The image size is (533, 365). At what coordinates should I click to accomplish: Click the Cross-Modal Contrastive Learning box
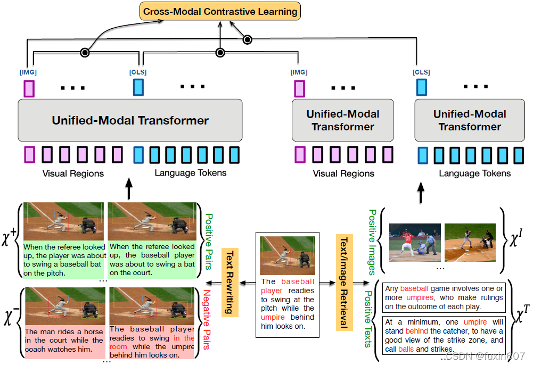(x=220, y=11)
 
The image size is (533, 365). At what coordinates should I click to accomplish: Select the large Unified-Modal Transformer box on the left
(x=130, y=120)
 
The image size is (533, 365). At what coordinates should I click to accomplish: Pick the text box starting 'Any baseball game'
(x=443, y=297)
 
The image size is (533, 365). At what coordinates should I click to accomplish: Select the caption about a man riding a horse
(x=64, y=340)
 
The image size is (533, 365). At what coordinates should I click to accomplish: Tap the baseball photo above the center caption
(x=287, y=255)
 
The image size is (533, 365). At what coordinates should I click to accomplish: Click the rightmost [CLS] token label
(x=421, y=72)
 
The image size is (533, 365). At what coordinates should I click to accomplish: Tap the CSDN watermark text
(x=484, y=355)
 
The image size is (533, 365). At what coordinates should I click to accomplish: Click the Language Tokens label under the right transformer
(x=474, y=173)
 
